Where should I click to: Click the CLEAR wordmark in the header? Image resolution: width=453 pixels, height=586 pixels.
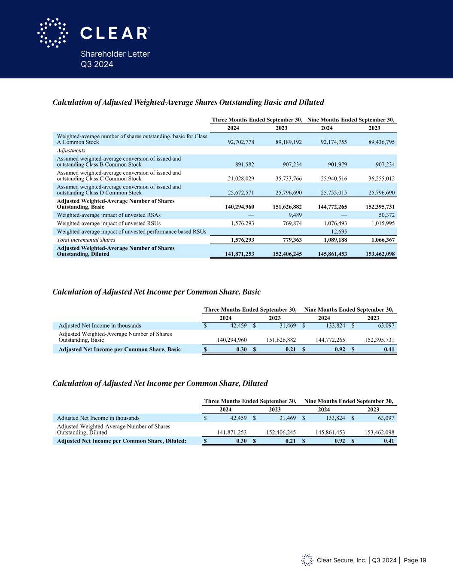[115, 33]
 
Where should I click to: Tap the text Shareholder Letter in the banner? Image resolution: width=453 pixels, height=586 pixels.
[115, 54]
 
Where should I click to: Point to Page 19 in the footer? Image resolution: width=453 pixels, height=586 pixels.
[415, 560]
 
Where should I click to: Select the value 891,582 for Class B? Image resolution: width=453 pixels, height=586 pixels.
[243, 164]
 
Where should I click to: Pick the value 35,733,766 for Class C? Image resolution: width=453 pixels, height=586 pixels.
[287, 179]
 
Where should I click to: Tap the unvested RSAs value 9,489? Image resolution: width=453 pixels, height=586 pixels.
[295, 215]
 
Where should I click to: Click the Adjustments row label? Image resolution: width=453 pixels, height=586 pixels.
[71, 151]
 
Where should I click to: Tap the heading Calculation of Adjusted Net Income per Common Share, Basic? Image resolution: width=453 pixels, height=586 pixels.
[156, 292]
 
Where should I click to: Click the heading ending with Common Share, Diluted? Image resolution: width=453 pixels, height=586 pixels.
[160, 383]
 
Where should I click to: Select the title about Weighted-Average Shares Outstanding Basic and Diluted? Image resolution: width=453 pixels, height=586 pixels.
[188, 102]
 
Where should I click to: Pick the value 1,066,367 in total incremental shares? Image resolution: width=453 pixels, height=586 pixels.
[380, 240]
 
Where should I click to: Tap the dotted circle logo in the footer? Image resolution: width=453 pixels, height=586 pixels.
[307, 560]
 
